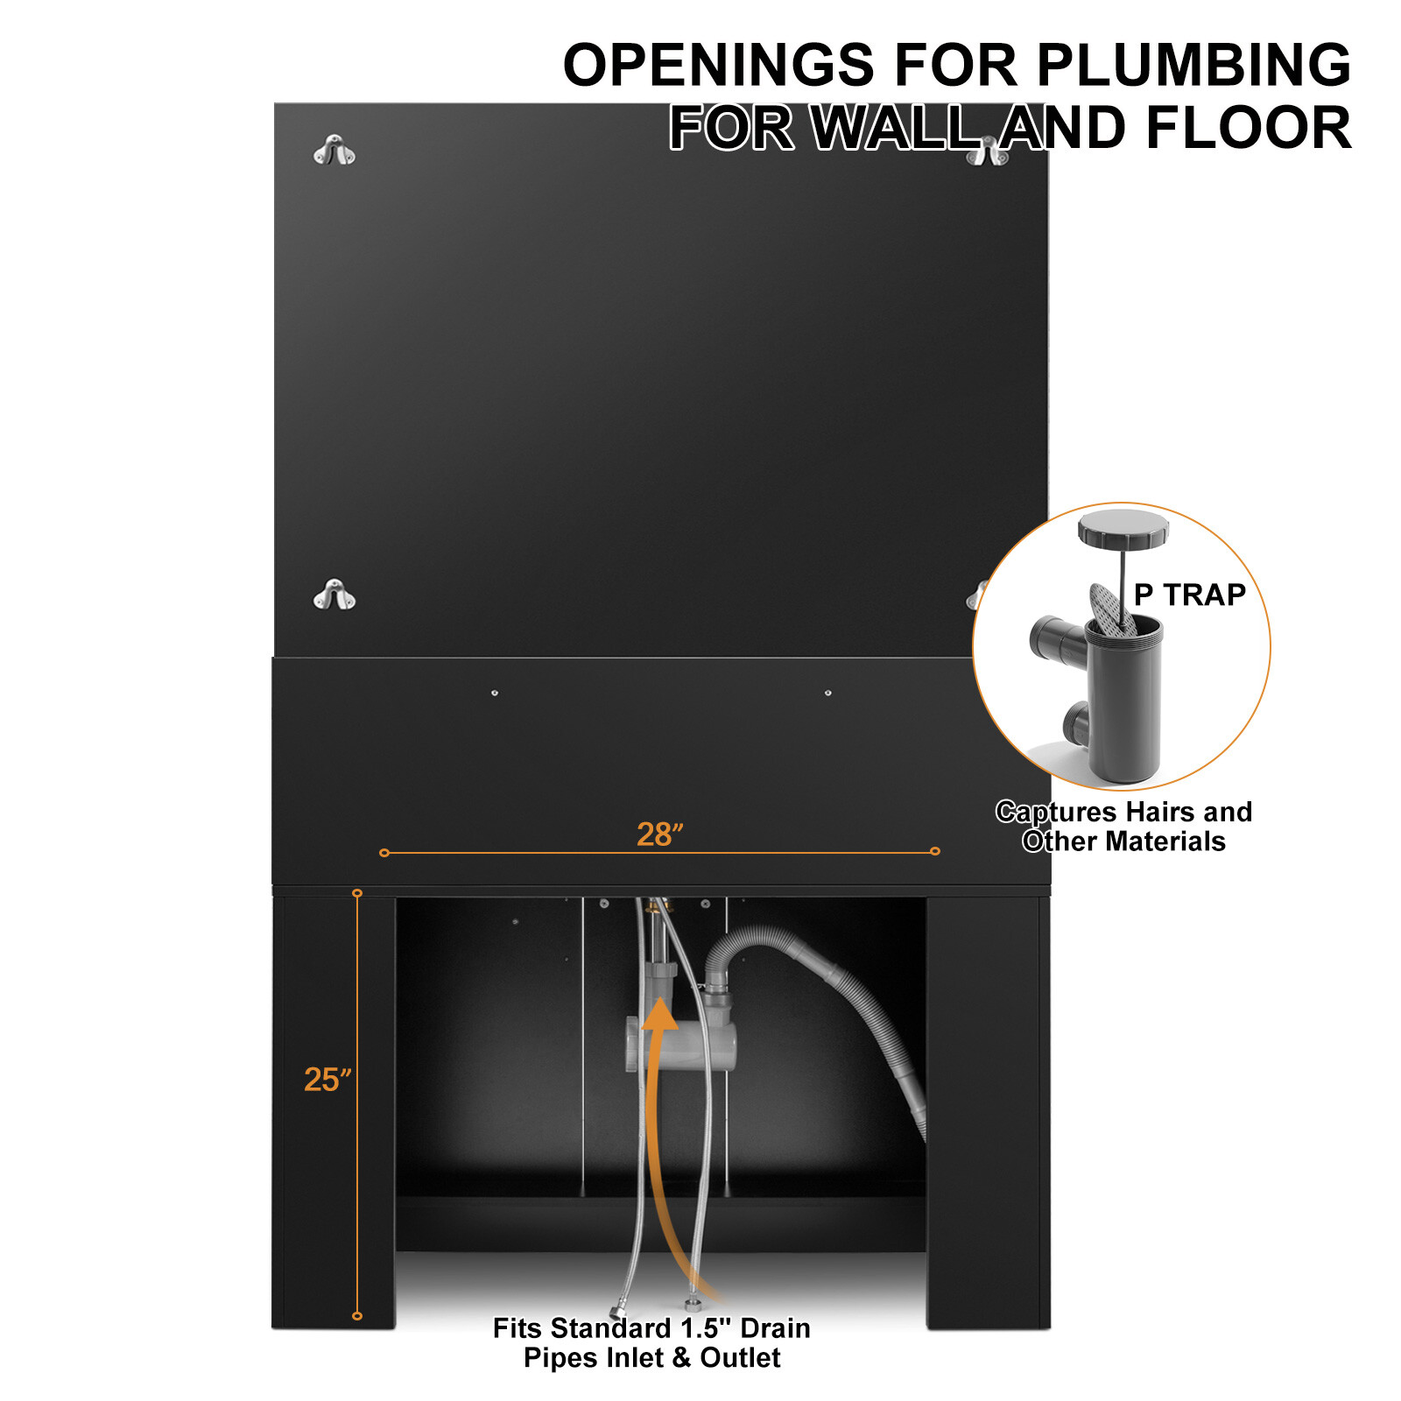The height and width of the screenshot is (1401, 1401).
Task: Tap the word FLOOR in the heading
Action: click(x=1249, y=128)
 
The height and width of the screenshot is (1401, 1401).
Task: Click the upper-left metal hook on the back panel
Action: click(x=334, y=151)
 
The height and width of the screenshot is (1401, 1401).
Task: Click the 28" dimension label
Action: click(x=659, y=834)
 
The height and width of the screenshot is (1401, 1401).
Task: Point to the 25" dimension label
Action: click(x=327, y=1080)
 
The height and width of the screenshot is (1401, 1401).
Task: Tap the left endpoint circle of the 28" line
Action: click(x=384, y=852)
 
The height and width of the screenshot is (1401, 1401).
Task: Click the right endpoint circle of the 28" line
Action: click(x=935, y=851)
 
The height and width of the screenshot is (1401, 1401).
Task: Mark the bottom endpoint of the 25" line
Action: click(x=357, y=1315)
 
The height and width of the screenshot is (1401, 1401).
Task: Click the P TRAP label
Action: click(x=1189, y=595)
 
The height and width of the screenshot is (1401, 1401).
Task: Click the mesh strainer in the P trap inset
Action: click(x=1110, y=608)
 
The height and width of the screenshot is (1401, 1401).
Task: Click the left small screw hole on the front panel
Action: click(x=495, y=693)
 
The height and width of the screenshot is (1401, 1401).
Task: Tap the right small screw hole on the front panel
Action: click(x=828, y=693)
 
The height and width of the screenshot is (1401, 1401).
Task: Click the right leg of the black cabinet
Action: click(x=988, y=1112)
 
